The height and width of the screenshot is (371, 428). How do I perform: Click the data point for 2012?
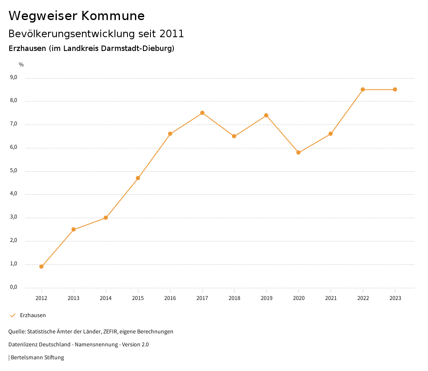41,267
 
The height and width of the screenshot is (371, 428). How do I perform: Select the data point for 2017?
202,113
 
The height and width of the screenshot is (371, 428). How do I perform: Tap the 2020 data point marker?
298,152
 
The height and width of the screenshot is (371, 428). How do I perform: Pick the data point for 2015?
138,178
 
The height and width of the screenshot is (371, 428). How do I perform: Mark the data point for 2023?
395,89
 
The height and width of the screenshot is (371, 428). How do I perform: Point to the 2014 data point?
106,218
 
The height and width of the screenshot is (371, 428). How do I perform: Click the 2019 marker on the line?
266,115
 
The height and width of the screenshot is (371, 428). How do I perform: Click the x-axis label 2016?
170,298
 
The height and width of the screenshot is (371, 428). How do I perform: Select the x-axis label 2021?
331,298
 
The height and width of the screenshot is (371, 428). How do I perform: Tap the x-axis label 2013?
74,298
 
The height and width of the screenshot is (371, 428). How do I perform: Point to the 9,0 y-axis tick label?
13,77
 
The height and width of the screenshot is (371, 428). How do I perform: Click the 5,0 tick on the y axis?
13,170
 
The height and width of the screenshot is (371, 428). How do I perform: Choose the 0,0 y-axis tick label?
13,287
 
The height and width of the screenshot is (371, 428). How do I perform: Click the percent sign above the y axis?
21,64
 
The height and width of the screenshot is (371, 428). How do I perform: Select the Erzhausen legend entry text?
33,315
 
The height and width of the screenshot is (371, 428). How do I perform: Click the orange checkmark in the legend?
13,315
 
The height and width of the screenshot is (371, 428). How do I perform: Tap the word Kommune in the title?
113,16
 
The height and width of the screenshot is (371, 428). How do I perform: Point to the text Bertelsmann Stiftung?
37,357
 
